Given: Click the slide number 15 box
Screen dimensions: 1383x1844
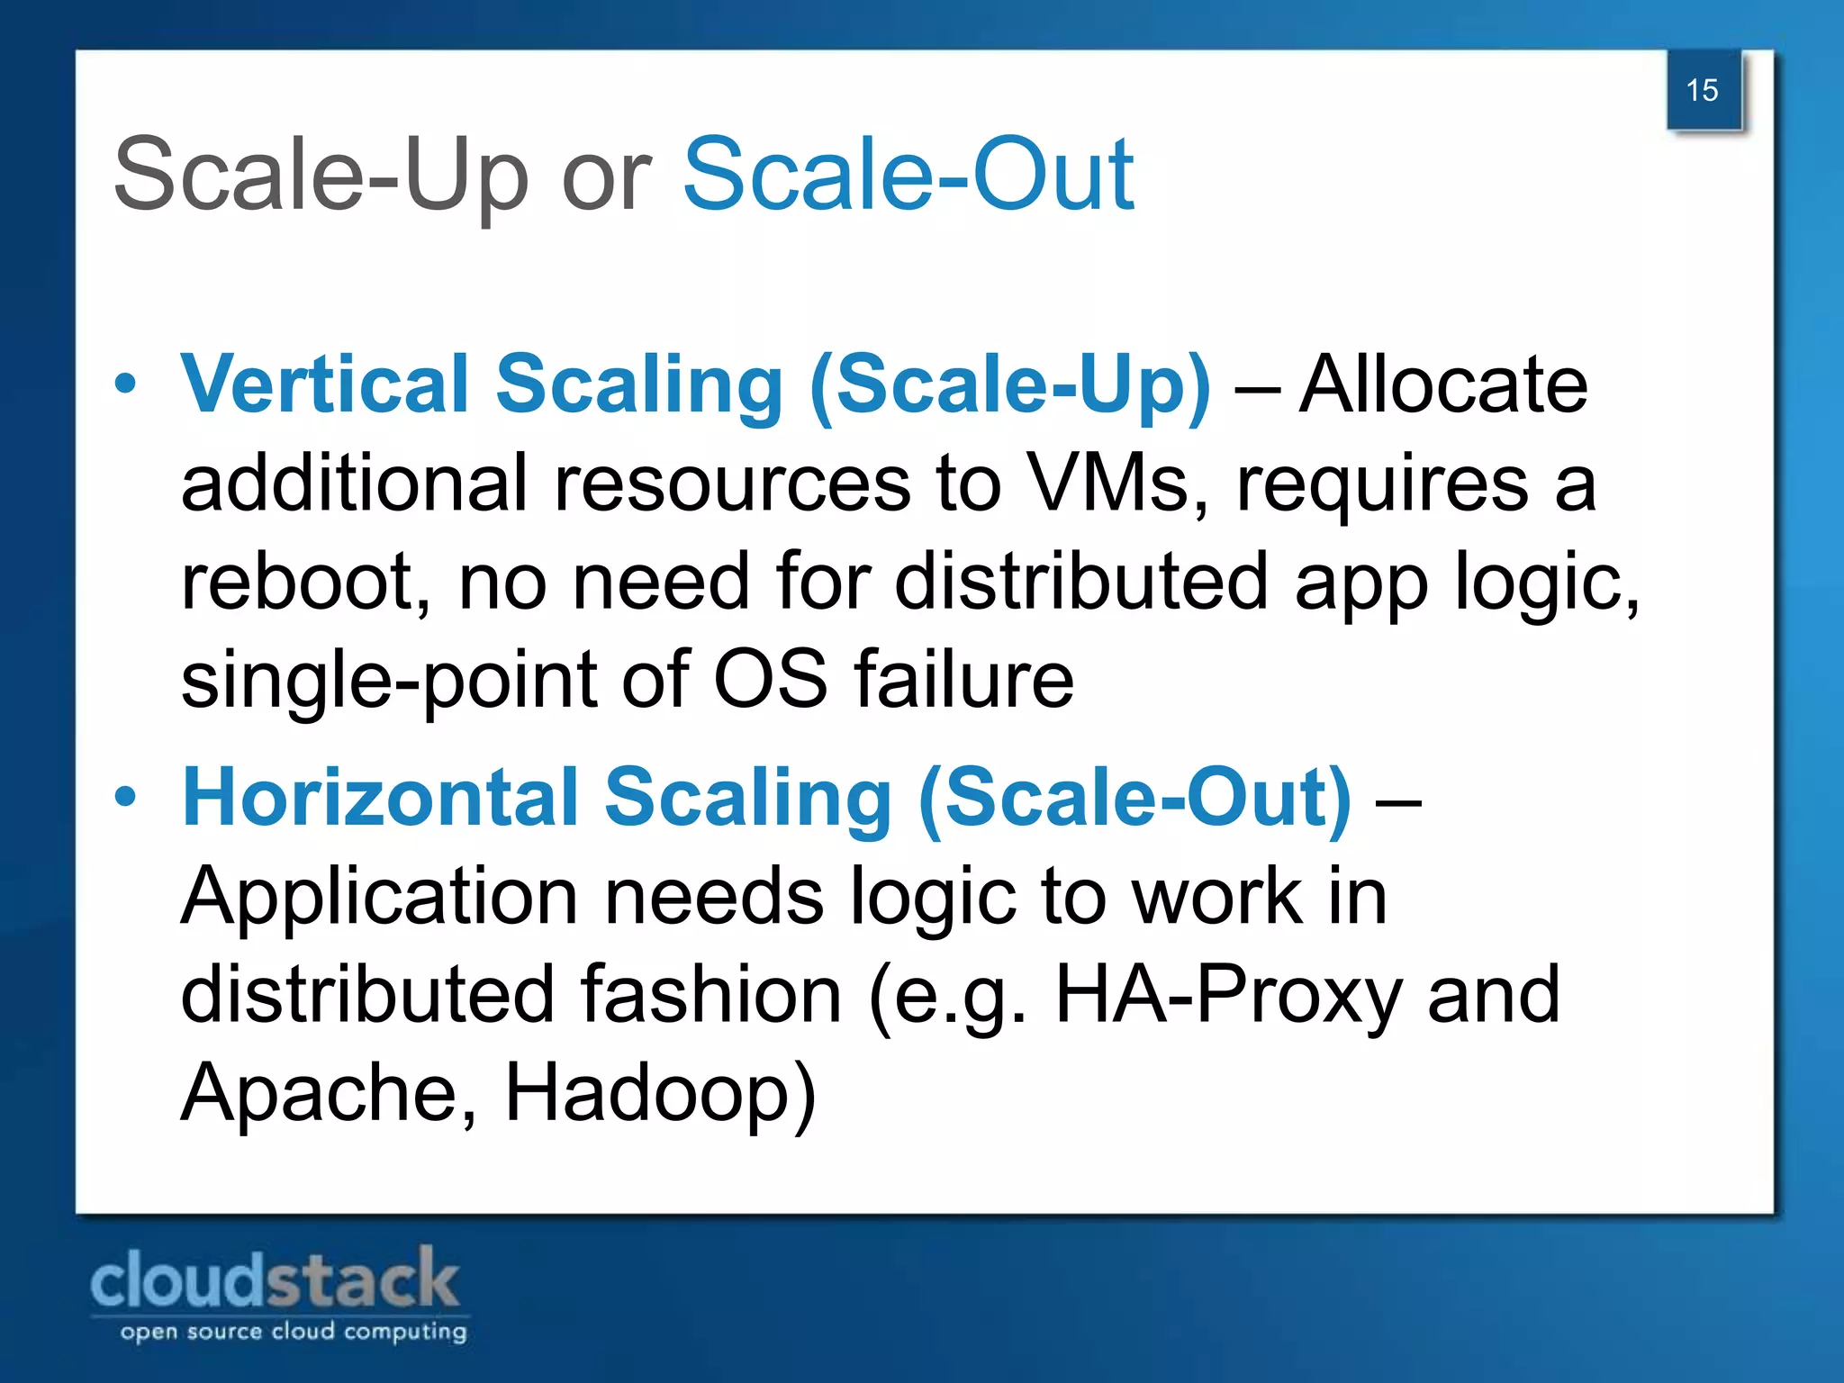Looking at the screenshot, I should point(1703,90).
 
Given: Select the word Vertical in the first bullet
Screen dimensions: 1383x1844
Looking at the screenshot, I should point(325,384).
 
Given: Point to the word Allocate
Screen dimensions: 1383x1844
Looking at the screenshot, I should point(1443,384).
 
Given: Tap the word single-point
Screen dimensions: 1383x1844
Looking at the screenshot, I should point(388,681).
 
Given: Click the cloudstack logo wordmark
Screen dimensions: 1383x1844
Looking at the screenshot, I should point(276,1279).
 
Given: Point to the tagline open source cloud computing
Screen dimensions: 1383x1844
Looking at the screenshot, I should point(294,1332).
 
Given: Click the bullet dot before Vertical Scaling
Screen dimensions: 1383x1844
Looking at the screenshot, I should point(126,384).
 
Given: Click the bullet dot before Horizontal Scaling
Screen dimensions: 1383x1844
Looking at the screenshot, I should point(126,797).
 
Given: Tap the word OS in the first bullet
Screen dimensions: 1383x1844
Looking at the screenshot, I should point(770,679).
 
